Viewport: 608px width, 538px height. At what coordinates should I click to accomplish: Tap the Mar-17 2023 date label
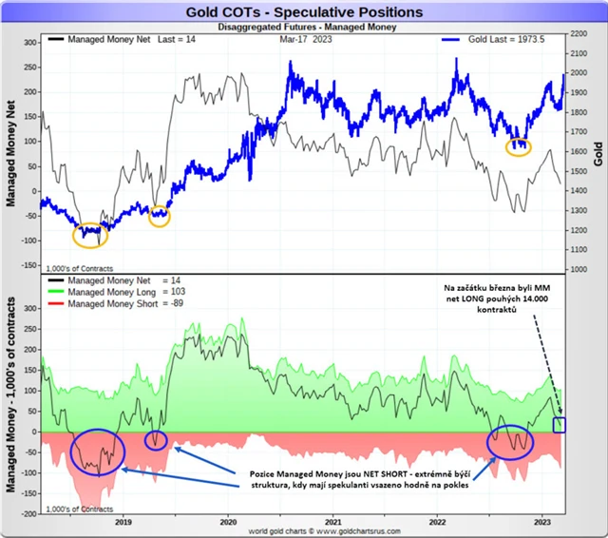coord(306,41)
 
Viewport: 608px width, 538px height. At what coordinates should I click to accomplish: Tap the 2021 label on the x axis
coord(333,522)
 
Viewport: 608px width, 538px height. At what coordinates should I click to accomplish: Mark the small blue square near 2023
coord(560,424)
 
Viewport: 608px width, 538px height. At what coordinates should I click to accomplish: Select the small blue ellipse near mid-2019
coord(156,439)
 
